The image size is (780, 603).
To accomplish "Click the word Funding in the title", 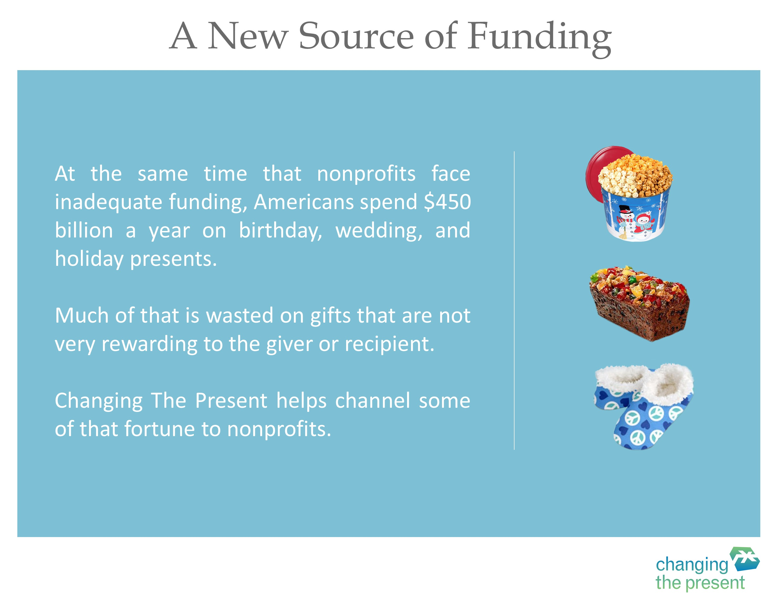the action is click(x=540, y=38).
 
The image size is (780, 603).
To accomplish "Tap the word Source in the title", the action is click(x=356, y=36).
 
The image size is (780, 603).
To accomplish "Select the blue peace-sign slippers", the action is click(x=644, y=406).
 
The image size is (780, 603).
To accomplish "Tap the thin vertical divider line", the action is click(x=514, y=300).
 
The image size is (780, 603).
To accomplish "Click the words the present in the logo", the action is click(x=700, y=583).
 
